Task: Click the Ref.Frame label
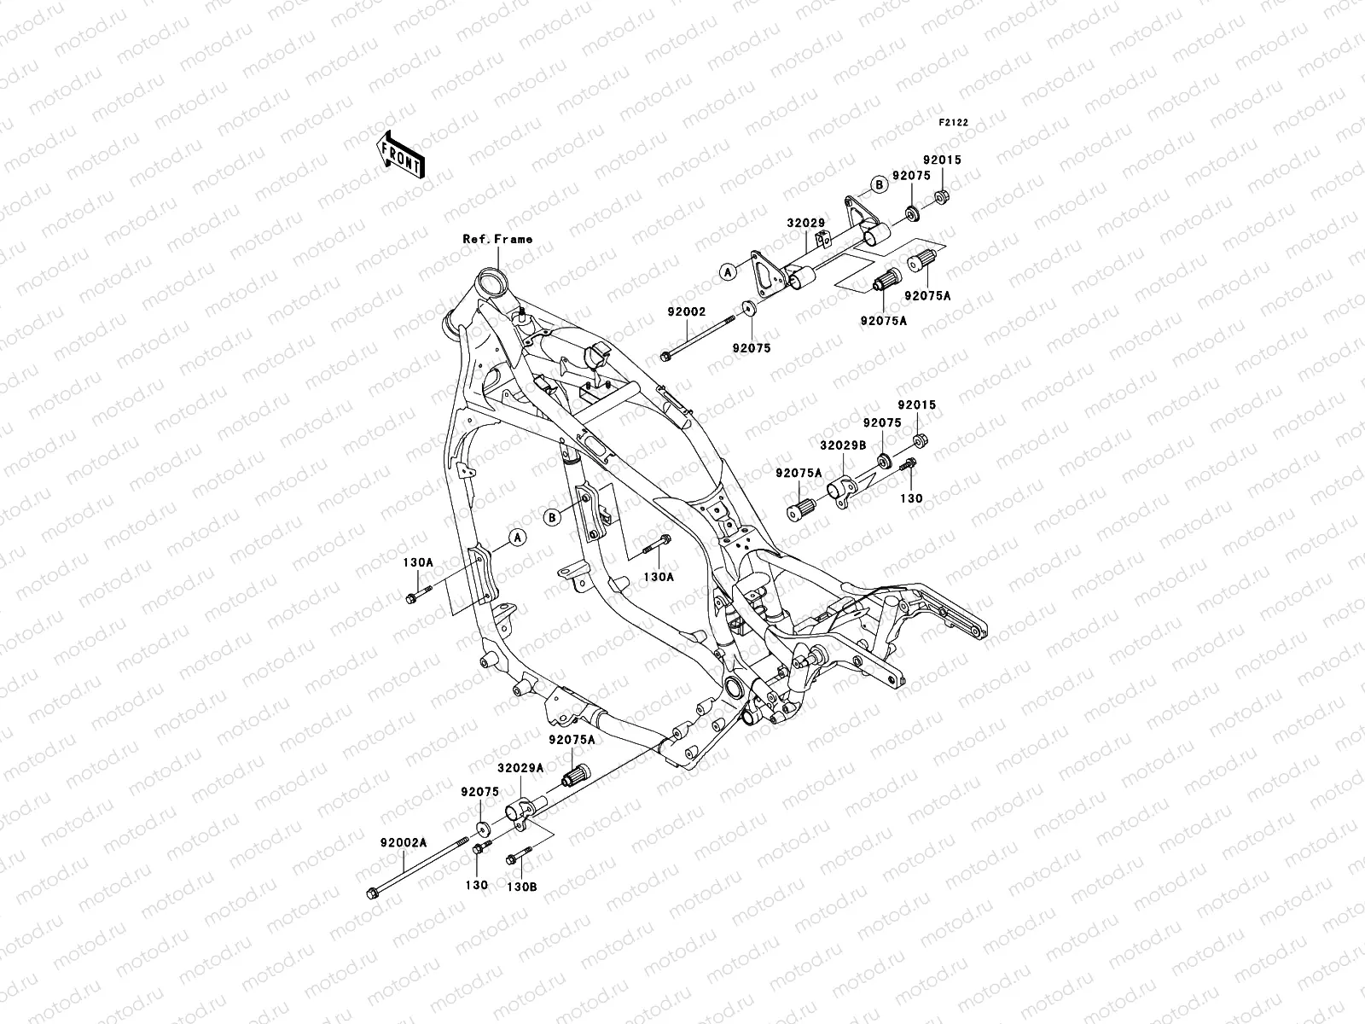click(497, 239)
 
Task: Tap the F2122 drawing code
click(954, 122)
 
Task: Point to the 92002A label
click(404, 841)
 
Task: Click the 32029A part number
click(521, 767)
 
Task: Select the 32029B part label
click(843, 445)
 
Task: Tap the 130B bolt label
click(521, 886)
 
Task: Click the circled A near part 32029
click(727, 271)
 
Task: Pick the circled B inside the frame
click(552, 516)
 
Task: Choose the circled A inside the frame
click(515, 538)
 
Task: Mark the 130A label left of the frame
click(418, 563)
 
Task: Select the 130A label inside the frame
click(659, 577)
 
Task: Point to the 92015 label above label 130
click(916, 404)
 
